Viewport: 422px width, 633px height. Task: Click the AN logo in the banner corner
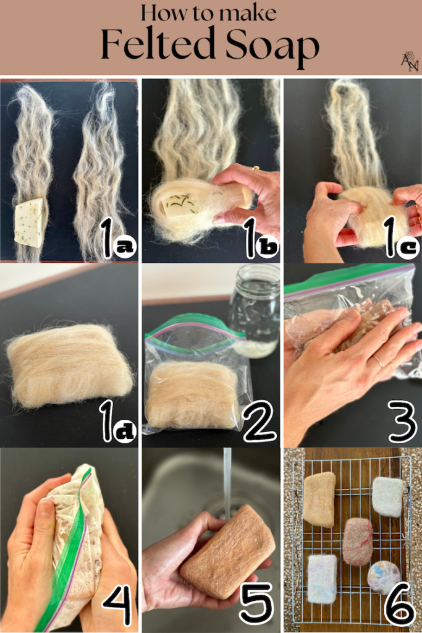pyautogui.click(x=410, y=61)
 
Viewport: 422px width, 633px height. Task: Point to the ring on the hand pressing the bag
pyautogui.click(x=379, y=361)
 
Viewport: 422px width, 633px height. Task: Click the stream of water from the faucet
pyautogui.click(x=227, y=480)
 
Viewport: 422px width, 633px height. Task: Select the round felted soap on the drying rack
pyautogui.click(x=384, y=577)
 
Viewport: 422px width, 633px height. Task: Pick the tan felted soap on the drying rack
pyautogui.click(x=319, y=499)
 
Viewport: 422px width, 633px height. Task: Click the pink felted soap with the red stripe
pyautogui.click(x=358, y=542)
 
